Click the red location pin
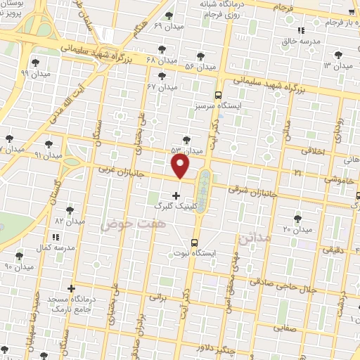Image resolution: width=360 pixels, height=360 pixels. click(181, 167)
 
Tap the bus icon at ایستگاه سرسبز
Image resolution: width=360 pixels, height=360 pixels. click(218, 94)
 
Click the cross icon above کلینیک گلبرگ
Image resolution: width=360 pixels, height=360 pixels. click(176, 195)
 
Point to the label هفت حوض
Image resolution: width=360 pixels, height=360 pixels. click(124, 224)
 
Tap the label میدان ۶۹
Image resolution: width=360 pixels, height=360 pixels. click(168, 26)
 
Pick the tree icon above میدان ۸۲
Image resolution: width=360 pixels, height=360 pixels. click(69, 210)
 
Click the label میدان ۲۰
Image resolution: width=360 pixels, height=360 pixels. click(297, 230)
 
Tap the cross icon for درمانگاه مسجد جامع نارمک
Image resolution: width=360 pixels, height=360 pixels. click(70, 288)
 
